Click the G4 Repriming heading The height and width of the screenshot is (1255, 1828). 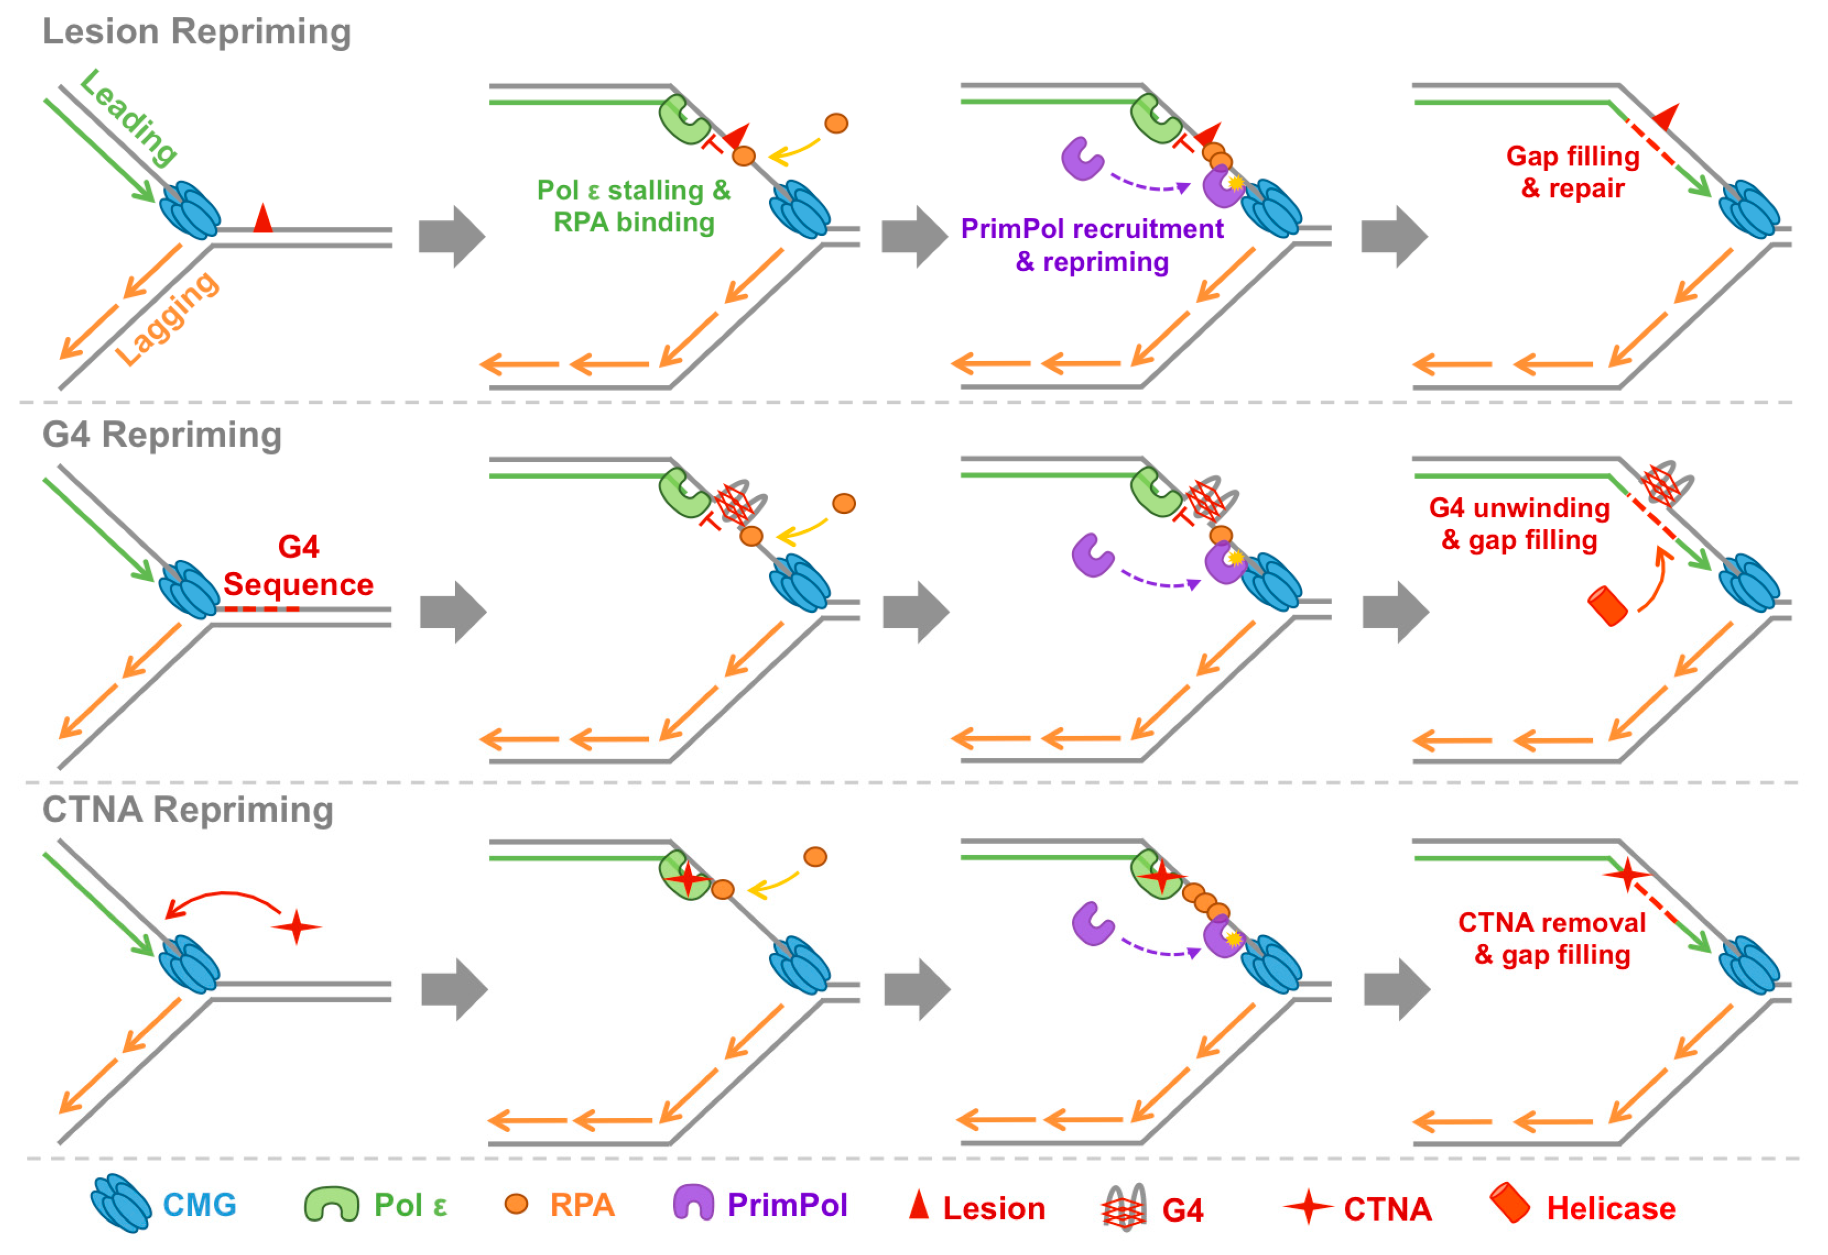click(x=162, y=435)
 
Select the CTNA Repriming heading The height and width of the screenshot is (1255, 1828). click(x=188, y=810)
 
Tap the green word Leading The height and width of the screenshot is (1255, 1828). click(x=129, y=118)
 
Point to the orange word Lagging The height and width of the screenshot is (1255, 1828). click(x=167, y=319)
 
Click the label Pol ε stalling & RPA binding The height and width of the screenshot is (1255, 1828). click(x=634, y=206)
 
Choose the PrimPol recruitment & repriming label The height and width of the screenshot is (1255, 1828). click(x=1092, y=245)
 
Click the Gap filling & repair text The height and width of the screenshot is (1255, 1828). click(x=1573, y=172)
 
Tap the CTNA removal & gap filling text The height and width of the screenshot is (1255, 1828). click(x=1552, y=939)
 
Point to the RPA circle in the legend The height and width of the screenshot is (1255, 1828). click(x=516, y=1204)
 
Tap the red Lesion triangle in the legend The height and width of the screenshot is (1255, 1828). click(x=919, y=1204)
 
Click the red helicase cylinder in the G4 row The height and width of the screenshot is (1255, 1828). click(x=1607, y=607)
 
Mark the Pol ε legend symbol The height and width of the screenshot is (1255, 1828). click(x=331, y=1204)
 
